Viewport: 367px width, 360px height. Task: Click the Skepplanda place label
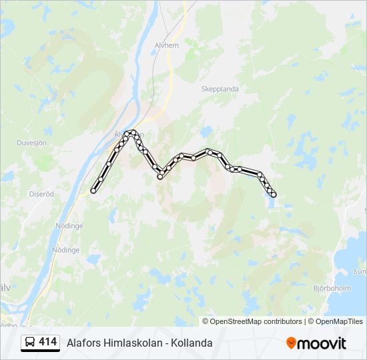click(x=220, y=89)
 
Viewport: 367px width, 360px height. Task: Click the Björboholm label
click(x=332, y=289)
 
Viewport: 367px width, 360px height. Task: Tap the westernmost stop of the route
click(x=93, y=191)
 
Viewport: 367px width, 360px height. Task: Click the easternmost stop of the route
click(x=274, y=195)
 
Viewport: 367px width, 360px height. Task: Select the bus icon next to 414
click(x=30, y=342)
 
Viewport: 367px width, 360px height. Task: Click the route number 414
click(x=48, y=342)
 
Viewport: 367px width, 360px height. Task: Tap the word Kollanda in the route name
click(x=192, y=343)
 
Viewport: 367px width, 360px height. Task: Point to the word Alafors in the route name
click(x=82, y=343)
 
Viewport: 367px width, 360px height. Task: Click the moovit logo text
click(x=322, y=343)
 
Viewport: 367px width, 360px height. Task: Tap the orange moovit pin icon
click(x=291, y=343)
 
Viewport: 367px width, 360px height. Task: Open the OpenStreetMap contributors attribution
click(x=256, y=321)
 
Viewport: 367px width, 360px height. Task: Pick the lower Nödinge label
click(x=65, y=250)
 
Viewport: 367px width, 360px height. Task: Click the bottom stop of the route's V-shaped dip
click(x=160, y=177)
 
